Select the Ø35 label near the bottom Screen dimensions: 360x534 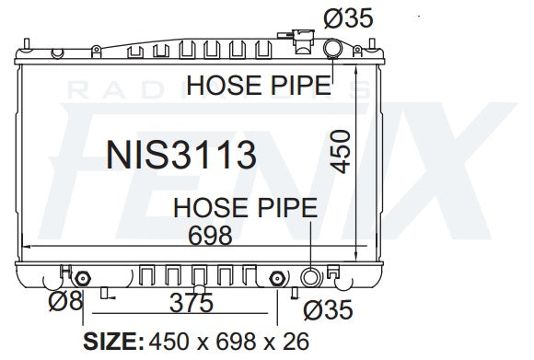tap(328, 311)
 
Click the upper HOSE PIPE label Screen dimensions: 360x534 tap(259, 86)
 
